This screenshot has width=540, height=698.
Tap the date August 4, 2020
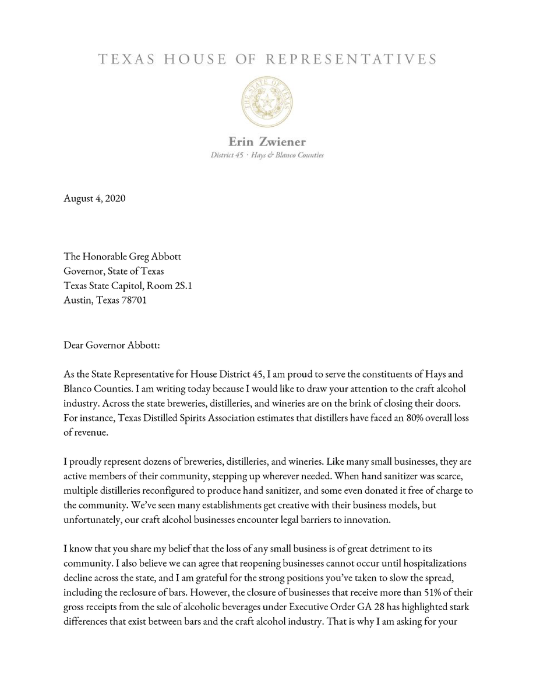[x=94, y=199]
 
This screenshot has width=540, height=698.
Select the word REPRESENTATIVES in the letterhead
[x=351, y=59]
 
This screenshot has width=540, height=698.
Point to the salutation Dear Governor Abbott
[x=111, y=346]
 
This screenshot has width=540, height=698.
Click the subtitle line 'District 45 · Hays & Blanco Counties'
[x=267, y=155]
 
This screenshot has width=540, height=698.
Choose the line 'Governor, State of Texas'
[x=114, y=271]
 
